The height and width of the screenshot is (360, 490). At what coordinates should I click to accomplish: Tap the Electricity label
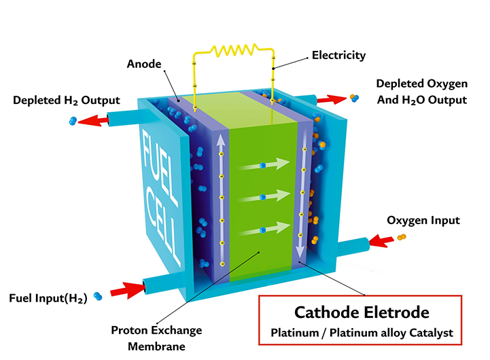[338, 54]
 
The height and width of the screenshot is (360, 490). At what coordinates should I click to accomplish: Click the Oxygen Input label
[423, 220]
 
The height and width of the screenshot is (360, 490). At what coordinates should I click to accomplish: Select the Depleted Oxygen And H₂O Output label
[421, 92]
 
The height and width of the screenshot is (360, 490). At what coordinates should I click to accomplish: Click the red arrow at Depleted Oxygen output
[332, 100]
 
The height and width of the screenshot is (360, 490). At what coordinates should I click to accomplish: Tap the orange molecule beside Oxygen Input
[402, 237]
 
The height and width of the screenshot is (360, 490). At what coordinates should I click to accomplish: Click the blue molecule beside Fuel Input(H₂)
[99, 296]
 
